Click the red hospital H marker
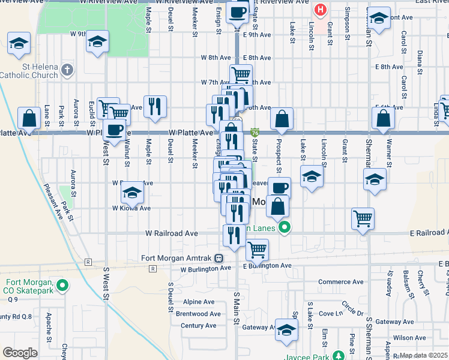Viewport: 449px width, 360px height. [x=321, y=10]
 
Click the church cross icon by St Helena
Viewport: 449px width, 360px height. [x=67, y=70]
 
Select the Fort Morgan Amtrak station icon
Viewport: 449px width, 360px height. [x=220, y=259]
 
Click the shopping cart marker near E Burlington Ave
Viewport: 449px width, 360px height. [x=257, y=248]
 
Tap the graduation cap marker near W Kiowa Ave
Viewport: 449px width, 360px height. [x=131, y=193]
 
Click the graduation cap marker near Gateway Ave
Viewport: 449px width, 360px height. [x=287, y=330]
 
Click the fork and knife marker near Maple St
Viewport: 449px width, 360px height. [x=155, y=106]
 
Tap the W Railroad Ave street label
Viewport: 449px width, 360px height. [x=172, y=233]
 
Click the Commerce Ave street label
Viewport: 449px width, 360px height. [x=341, y=281]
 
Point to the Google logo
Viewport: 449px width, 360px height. [x=20, y=353]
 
